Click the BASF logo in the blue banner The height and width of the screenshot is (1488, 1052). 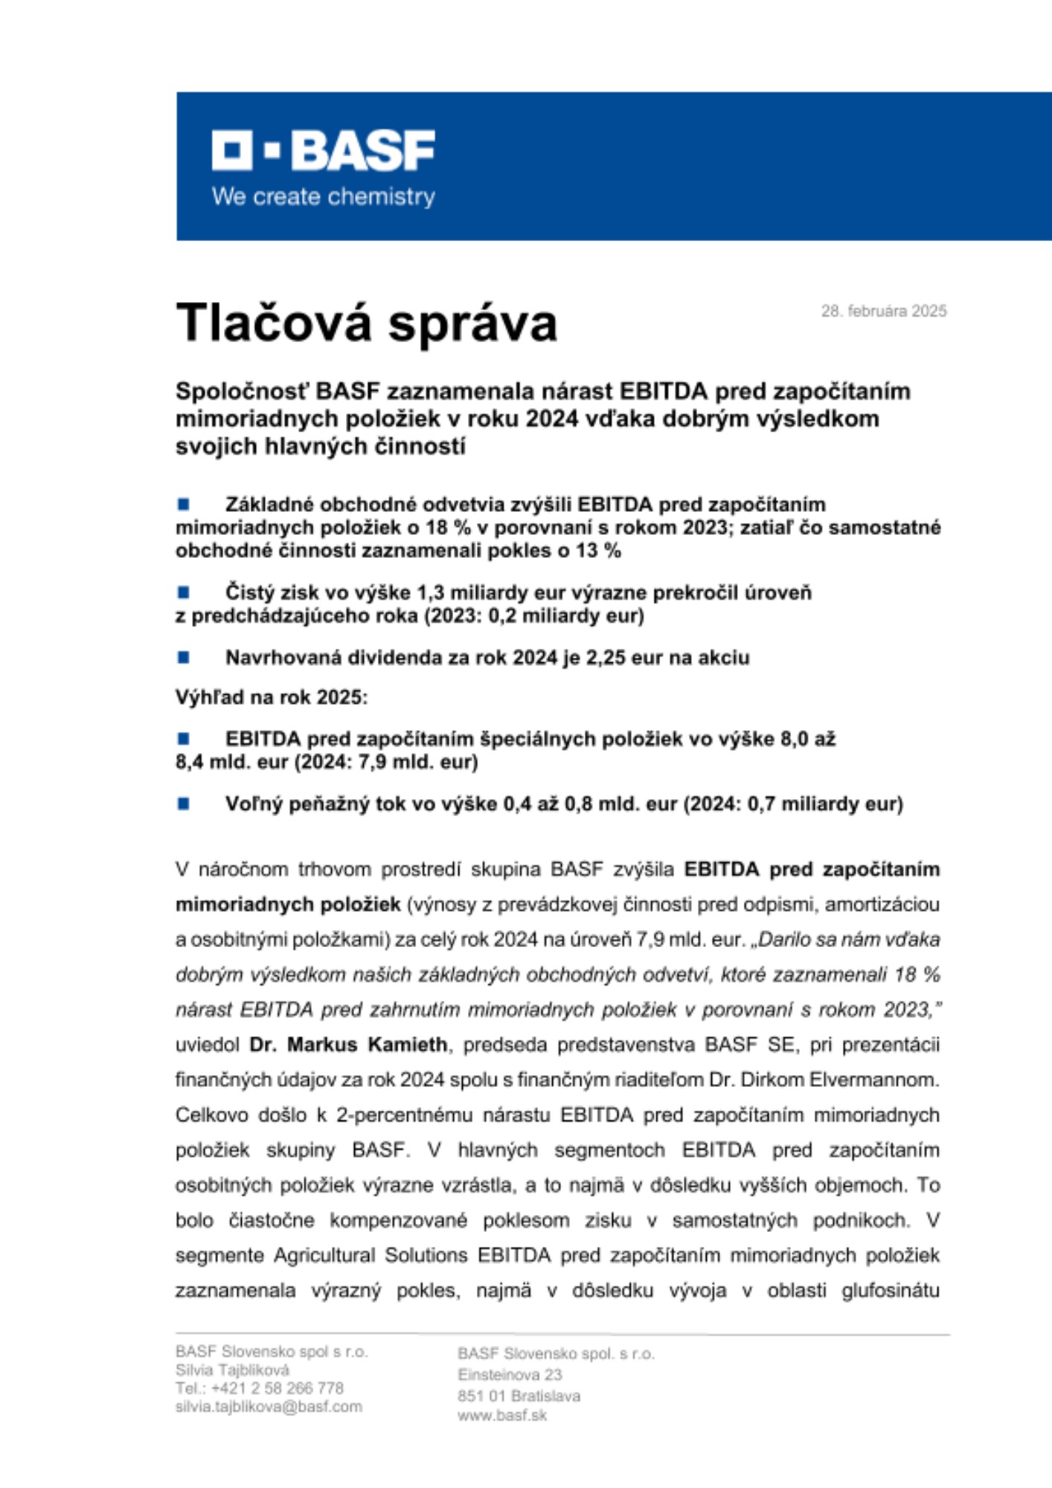[x=323, y=150]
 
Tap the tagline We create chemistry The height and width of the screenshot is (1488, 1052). [x=323, y=197]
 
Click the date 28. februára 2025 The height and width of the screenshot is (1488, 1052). [x=883, y=311]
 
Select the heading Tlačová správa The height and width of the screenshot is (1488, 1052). [x=366, y=324]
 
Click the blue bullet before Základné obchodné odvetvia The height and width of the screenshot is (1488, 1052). [x=183, y=504]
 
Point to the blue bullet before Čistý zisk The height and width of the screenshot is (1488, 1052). [x=183, y=592]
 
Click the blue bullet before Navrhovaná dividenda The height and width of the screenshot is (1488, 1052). [x=183, y=657]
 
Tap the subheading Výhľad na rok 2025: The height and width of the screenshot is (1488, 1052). [x=272, y=697]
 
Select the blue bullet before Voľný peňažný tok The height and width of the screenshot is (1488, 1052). [x=183, y=804]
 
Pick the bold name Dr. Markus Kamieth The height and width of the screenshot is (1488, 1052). [x=348, y=1045]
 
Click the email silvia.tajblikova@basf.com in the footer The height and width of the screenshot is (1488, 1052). [x=269, y=1407]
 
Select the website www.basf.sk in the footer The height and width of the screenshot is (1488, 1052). [x=502, y=1415]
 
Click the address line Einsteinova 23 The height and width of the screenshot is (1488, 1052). [x=510, y=1374]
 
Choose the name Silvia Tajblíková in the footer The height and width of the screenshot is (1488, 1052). [x=232, y=1370]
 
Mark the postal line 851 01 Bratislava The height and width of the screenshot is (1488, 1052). [x=519, y=1396]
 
